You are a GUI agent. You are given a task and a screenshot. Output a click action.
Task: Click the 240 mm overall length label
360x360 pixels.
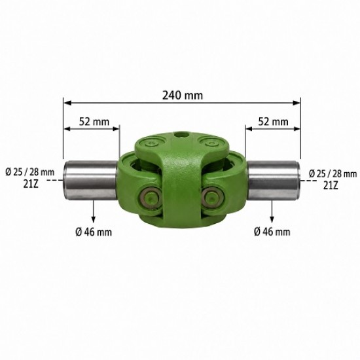coord(183,96)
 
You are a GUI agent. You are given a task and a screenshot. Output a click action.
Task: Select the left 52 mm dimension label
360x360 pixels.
coord(94,122)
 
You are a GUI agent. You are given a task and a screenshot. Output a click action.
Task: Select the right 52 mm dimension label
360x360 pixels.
coord(273,122)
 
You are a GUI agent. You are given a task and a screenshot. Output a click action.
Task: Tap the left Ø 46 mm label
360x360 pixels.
coord(94,232)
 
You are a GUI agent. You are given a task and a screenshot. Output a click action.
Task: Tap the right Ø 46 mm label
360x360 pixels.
coord(272,232)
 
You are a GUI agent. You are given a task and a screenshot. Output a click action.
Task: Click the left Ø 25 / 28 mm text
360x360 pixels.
coord(30,172)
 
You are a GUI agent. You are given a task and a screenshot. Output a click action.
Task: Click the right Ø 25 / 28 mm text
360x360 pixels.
coord(333,174)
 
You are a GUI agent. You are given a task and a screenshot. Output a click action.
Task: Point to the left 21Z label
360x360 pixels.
coord(31,184)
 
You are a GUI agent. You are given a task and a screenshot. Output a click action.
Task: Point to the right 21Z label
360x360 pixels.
coord(331,185)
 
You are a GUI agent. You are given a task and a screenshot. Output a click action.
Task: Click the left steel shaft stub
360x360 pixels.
coord(91,180)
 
